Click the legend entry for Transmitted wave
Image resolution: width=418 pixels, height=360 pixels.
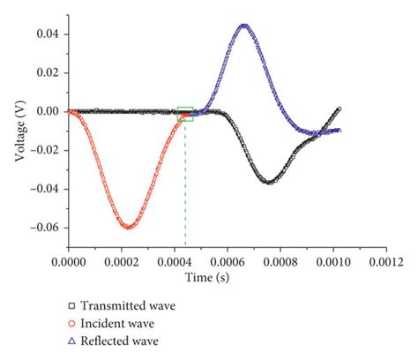pos(127,306)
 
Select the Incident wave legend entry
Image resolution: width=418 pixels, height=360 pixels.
pos(119,323)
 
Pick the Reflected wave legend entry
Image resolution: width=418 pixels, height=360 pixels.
pos(122,340)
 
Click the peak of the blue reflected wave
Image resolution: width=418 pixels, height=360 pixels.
pos(244,26)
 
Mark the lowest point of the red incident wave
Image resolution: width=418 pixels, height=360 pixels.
pos(129,227)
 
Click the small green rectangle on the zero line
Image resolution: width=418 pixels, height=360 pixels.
pos(185,113)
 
